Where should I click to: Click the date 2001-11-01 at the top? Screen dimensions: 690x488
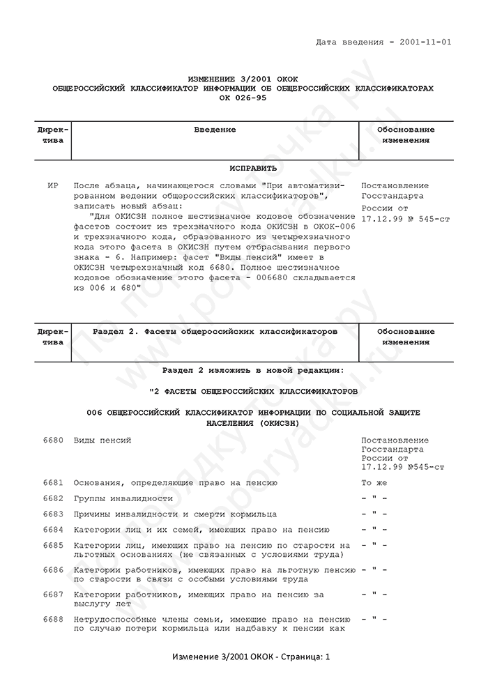click(x=425, y=42)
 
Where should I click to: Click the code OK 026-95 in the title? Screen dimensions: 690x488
click(x=243, y=98)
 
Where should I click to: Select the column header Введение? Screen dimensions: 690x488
click(x=215, y=130)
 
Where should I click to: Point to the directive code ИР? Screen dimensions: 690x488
click(x=52, y=186)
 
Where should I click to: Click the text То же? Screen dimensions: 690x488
click(x=374, y=482)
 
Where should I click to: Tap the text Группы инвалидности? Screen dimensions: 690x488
click(x=123, y=498)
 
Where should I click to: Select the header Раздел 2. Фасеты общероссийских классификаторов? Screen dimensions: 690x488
click(x=215, y=332)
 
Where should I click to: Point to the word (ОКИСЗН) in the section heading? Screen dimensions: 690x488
click(x=275, y=422)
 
